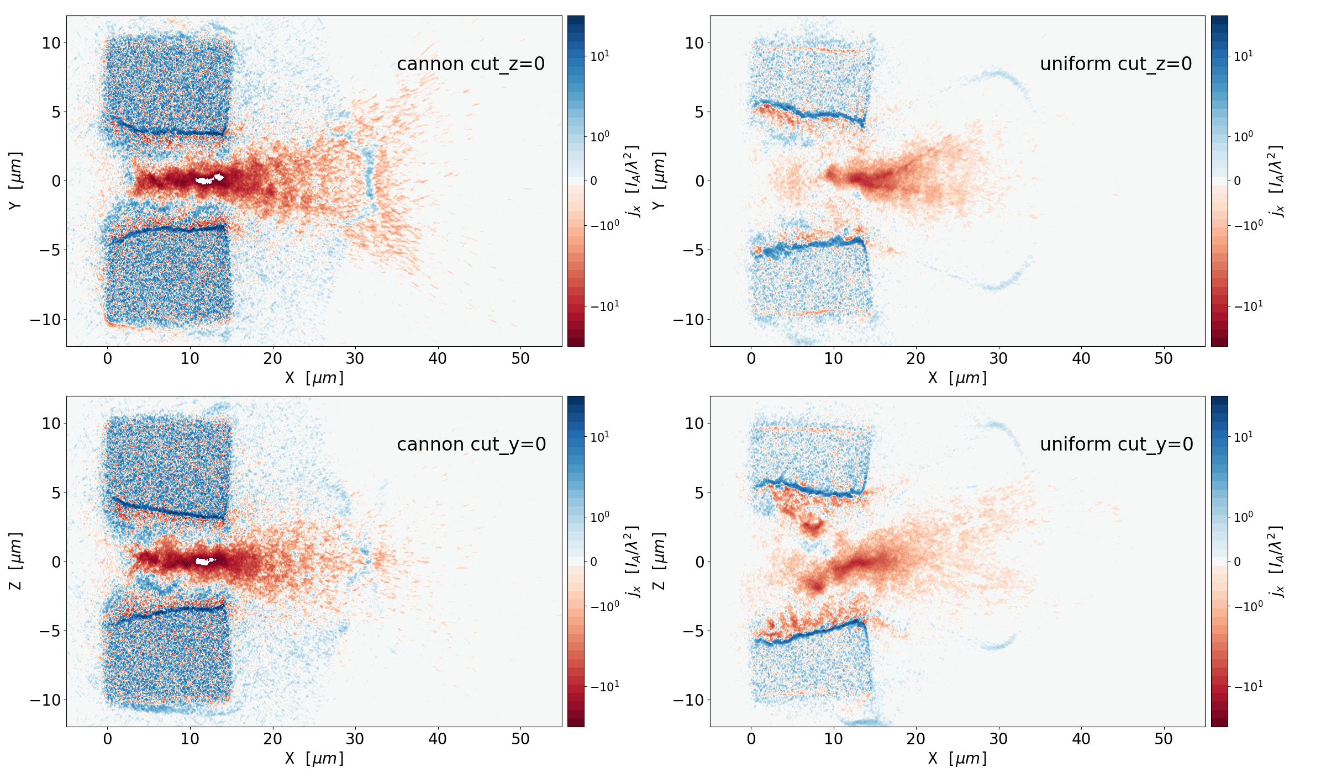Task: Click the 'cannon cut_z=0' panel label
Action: point(471,64)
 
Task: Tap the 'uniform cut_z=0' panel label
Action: point(1115,64)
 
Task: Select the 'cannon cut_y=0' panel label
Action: point(471,444)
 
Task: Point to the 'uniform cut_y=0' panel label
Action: point(1116,444)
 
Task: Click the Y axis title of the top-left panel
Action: point(15,181)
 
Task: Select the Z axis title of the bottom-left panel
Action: point(15,561)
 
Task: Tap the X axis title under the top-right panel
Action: point(957,378)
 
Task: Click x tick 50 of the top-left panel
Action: point(520,359)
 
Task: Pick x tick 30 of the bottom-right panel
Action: point(998,739)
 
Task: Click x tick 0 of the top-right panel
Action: point(751,359)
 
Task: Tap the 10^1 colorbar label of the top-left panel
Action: point(600,56)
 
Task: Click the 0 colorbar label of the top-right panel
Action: point(1237,181)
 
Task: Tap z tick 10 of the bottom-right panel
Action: point(694,423)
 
